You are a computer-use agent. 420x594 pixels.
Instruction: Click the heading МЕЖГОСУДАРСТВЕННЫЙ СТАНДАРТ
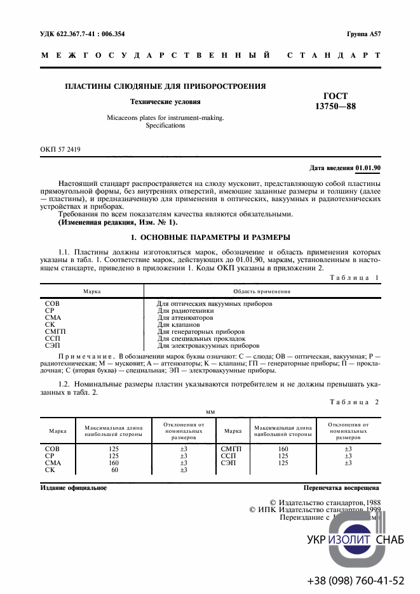[210, 56]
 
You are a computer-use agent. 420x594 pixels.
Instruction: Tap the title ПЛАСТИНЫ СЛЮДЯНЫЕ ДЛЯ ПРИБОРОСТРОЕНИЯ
[165, 86]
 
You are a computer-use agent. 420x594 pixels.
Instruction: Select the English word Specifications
[165, 126]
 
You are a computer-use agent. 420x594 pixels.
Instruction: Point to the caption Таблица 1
[356, 278]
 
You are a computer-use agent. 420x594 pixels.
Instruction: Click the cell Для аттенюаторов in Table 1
[185, 318]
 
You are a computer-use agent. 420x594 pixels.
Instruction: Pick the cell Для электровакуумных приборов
[208, 346]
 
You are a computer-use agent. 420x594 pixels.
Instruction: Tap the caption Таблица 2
[356, 402]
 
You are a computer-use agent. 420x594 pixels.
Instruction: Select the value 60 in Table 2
[114, 470]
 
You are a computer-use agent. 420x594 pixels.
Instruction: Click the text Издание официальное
[73, 488]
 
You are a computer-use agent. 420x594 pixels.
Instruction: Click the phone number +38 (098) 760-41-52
[355, 581]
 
